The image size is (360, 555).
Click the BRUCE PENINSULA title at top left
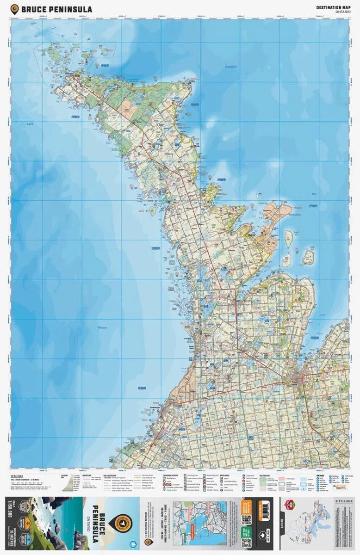tap(56, 9)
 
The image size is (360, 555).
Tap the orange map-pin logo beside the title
tap(15, 9)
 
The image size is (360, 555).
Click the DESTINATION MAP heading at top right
tap(332, 7)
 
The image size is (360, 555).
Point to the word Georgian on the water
tap(230, 67)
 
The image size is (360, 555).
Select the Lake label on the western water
tap(30, 124)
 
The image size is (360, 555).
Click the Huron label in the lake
tap(102, 327)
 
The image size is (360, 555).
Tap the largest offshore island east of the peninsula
tap(309, 257)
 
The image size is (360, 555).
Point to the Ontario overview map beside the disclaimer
tap(305, 527)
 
